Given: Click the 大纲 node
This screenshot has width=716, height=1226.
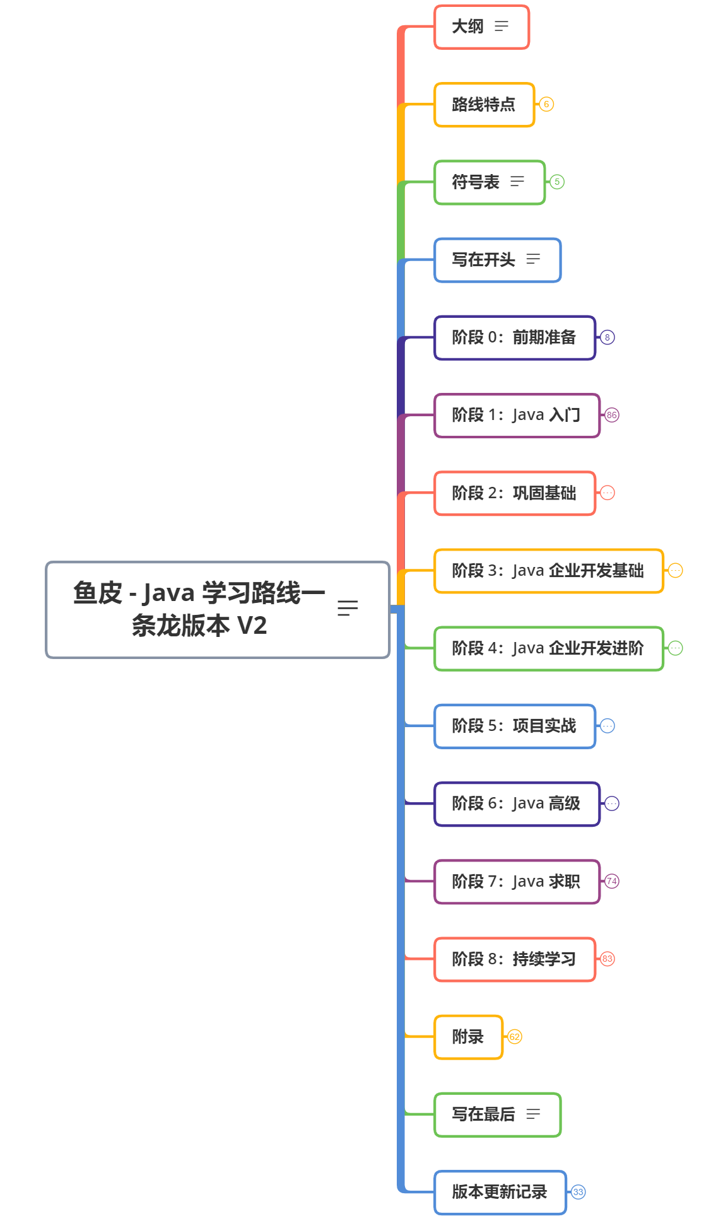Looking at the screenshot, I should [468, 26].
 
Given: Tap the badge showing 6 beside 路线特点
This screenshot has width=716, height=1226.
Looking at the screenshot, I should [546, 104].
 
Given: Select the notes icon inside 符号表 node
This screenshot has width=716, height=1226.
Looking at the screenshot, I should [517, 182].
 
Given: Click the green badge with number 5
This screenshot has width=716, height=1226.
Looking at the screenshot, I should [556, 182].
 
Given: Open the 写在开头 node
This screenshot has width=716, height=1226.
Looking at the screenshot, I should [484, 260].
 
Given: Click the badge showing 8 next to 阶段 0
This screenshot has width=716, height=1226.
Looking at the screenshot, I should [607, 337].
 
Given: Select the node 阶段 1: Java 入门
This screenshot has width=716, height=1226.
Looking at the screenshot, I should [515, 415].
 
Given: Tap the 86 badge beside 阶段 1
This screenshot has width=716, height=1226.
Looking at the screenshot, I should [611, 415].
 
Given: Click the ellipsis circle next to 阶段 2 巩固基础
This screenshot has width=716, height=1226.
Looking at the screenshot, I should [607, 493].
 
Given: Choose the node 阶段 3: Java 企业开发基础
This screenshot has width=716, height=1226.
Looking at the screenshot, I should [548, 571].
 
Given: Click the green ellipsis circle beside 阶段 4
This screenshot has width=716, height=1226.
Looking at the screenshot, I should [675, 648].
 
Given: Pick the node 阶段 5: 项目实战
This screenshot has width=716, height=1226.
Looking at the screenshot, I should [514, 726].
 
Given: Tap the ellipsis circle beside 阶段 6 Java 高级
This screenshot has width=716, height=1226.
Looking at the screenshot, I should [611, 803].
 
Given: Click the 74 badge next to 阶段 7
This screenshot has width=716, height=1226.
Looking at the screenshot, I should [611, 881].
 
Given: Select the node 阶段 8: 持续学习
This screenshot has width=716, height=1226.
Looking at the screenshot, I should [514, 959].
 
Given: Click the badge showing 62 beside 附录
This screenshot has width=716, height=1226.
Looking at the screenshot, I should [514, 1037].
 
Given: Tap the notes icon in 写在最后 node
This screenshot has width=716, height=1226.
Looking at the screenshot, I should [533, 1114].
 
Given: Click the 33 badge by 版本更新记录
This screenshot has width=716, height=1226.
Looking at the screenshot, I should [578, 1192].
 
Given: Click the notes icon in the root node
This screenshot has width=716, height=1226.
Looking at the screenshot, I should [348, 608].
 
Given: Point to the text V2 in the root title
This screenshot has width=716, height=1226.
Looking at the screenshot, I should [252, 626].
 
